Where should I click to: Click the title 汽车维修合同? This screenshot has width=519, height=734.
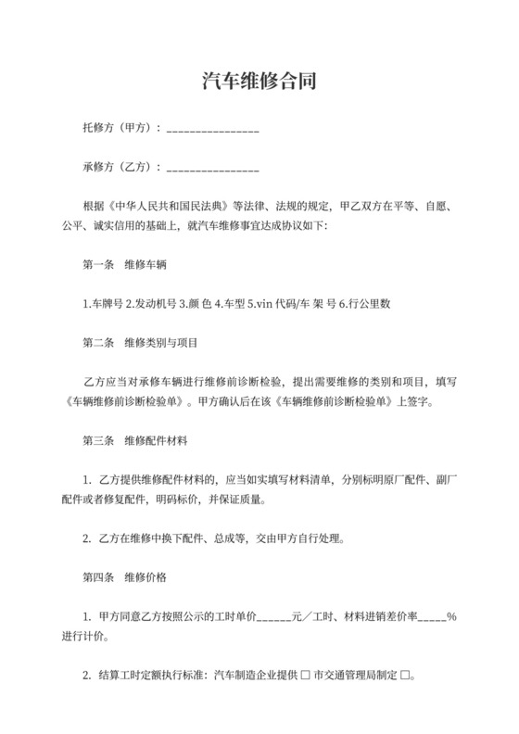pyautogui.click(x=259, y=82)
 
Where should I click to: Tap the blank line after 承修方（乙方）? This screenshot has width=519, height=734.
pyautogui.click(x=212, y=171)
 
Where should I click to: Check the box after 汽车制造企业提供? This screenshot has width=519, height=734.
pyautogui.click(x=305, y=677)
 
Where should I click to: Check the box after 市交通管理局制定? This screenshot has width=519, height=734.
pyautogui.click(x=404, y=677)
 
